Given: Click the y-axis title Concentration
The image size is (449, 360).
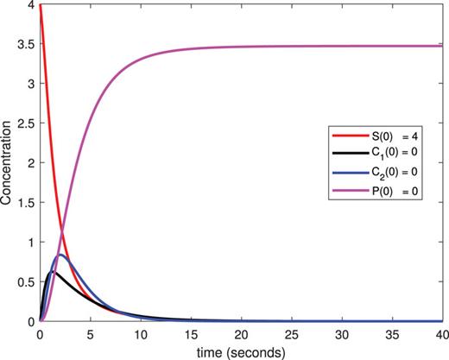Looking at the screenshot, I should pos(9,162).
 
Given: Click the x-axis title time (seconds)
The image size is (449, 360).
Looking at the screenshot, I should pos(240,351).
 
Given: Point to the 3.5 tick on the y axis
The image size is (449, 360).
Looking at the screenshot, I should pos(25,44).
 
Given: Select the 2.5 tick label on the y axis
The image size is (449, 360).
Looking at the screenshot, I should pos(25,123).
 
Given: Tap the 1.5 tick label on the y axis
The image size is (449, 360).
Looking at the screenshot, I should pos(25,202).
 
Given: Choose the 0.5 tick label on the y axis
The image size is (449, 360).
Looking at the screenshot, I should pos(25,281).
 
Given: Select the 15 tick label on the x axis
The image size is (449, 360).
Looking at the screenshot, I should pos(190,333).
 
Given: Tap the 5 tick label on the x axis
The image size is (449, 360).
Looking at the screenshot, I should pos(90,333).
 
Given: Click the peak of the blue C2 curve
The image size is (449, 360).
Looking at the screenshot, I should pos(60,256).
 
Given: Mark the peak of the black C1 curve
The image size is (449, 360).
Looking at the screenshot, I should pos(53,271).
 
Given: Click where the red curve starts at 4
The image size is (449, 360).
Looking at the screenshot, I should pos(40,5).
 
